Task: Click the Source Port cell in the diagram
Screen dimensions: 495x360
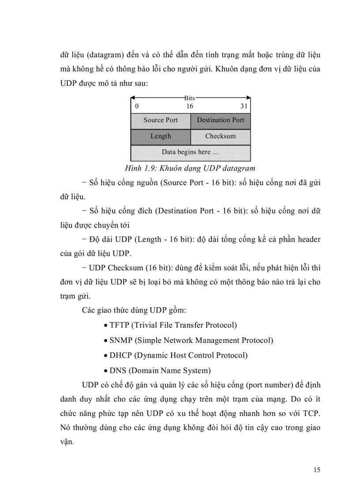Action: click(161, 120)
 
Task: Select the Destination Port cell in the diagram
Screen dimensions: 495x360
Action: click(220, 120)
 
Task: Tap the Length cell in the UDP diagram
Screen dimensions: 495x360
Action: click(161, 136)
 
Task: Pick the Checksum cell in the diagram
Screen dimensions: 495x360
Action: click(220, 136)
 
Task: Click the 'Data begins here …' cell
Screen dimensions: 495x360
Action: click(191, 153)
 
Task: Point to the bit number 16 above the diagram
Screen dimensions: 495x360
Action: click(189, 106)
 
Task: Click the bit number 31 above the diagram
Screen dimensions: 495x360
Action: click(244, 106)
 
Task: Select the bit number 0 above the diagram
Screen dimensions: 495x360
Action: click(137, 106)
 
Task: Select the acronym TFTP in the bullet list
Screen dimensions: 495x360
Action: click(120, 325)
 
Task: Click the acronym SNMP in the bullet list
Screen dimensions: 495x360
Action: click(120, 340)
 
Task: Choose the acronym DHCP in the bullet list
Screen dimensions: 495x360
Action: click(120, 355)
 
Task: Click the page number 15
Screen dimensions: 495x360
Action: click(317, 470)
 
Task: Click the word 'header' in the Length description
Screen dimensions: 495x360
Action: click(307, 240)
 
